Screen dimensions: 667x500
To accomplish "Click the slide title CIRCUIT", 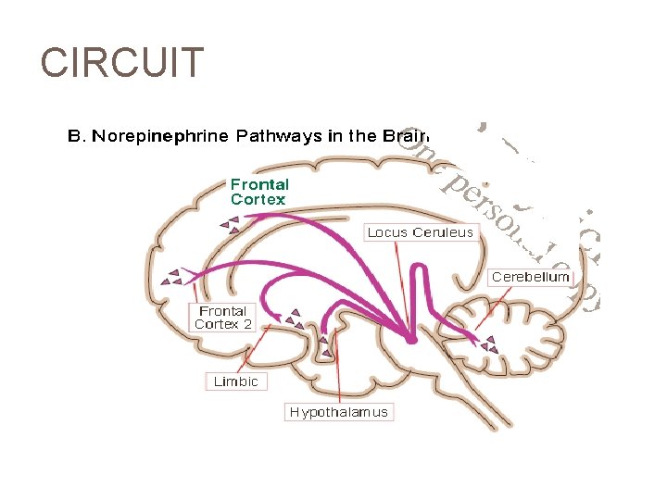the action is point(121,63).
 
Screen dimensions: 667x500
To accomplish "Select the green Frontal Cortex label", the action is point(259,192).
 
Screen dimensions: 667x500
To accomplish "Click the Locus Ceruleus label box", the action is point(420,232).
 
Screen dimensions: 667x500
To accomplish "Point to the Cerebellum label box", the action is point(531,277).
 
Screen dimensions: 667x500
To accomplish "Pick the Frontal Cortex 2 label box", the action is point(222,318).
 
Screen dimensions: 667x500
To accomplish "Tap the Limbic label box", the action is point(235,381).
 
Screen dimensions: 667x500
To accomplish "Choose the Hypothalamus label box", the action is point(338,412).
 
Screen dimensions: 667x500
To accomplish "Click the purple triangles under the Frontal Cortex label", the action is point(229,223).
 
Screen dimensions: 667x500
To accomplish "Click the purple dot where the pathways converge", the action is point(410,340).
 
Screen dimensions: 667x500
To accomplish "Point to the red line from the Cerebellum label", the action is point(491,306).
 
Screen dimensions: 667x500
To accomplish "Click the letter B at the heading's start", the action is point(75,136).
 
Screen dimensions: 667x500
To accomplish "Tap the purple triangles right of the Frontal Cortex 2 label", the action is point(294,320).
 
